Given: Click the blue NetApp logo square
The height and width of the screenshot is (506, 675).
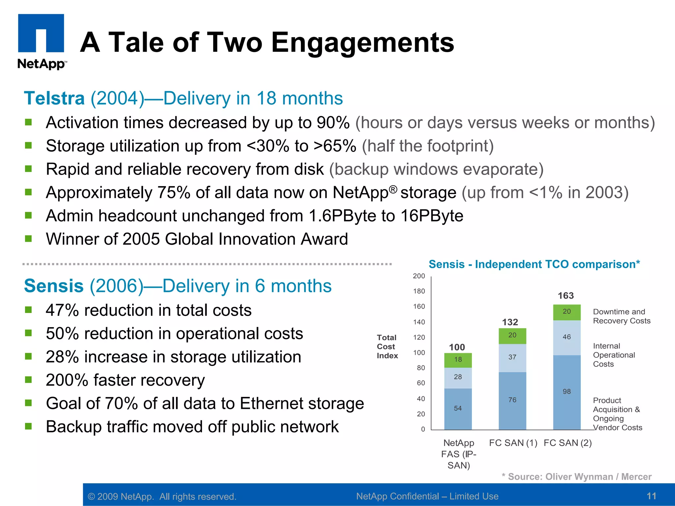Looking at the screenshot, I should click(41, 33).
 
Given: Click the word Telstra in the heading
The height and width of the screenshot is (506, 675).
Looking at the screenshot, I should click(54, 98).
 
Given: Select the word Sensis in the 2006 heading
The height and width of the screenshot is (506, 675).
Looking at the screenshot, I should click(54, 286).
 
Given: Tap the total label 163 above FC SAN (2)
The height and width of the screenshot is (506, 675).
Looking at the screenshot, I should click(566, 295).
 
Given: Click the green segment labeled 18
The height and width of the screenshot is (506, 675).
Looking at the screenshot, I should click(458, 360).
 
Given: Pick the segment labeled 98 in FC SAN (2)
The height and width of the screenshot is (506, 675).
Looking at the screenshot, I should click(567, 392).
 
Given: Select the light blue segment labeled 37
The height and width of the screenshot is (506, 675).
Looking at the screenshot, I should click(512, 357).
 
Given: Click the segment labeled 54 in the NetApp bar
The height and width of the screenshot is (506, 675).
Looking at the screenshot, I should click(458, 408).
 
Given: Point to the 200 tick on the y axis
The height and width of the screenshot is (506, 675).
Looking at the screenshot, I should click(419, 276).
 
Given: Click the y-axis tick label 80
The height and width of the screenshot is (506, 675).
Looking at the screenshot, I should click(421, 368).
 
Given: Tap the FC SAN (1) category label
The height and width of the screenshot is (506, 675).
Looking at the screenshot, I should click(513, 443).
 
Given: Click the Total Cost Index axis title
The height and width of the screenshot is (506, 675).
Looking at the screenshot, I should click(387, 347).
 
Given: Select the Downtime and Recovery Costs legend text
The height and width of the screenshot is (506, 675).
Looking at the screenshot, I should click(621, 316).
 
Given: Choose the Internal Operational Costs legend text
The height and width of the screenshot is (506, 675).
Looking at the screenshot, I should click(613, 355).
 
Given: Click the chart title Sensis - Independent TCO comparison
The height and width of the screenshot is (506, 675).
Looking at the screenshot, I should click(534, 264).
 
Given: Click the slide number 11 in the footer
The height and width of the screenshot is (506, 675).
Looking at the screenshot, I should click(651, 496).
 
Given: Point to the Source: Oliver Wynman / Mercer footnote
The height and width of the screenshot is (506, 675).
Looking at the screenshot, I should click(576, 477).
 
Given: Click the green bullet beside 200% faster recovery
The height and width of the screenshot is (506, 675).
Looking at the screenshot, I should click(28, 380).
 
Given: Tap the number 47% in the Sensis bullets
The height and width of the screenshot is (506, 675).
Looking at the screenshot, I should click(62, 310).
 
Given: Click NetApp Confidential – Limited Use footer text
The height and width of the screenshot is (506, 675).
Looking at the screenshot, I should click(427, 496).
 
